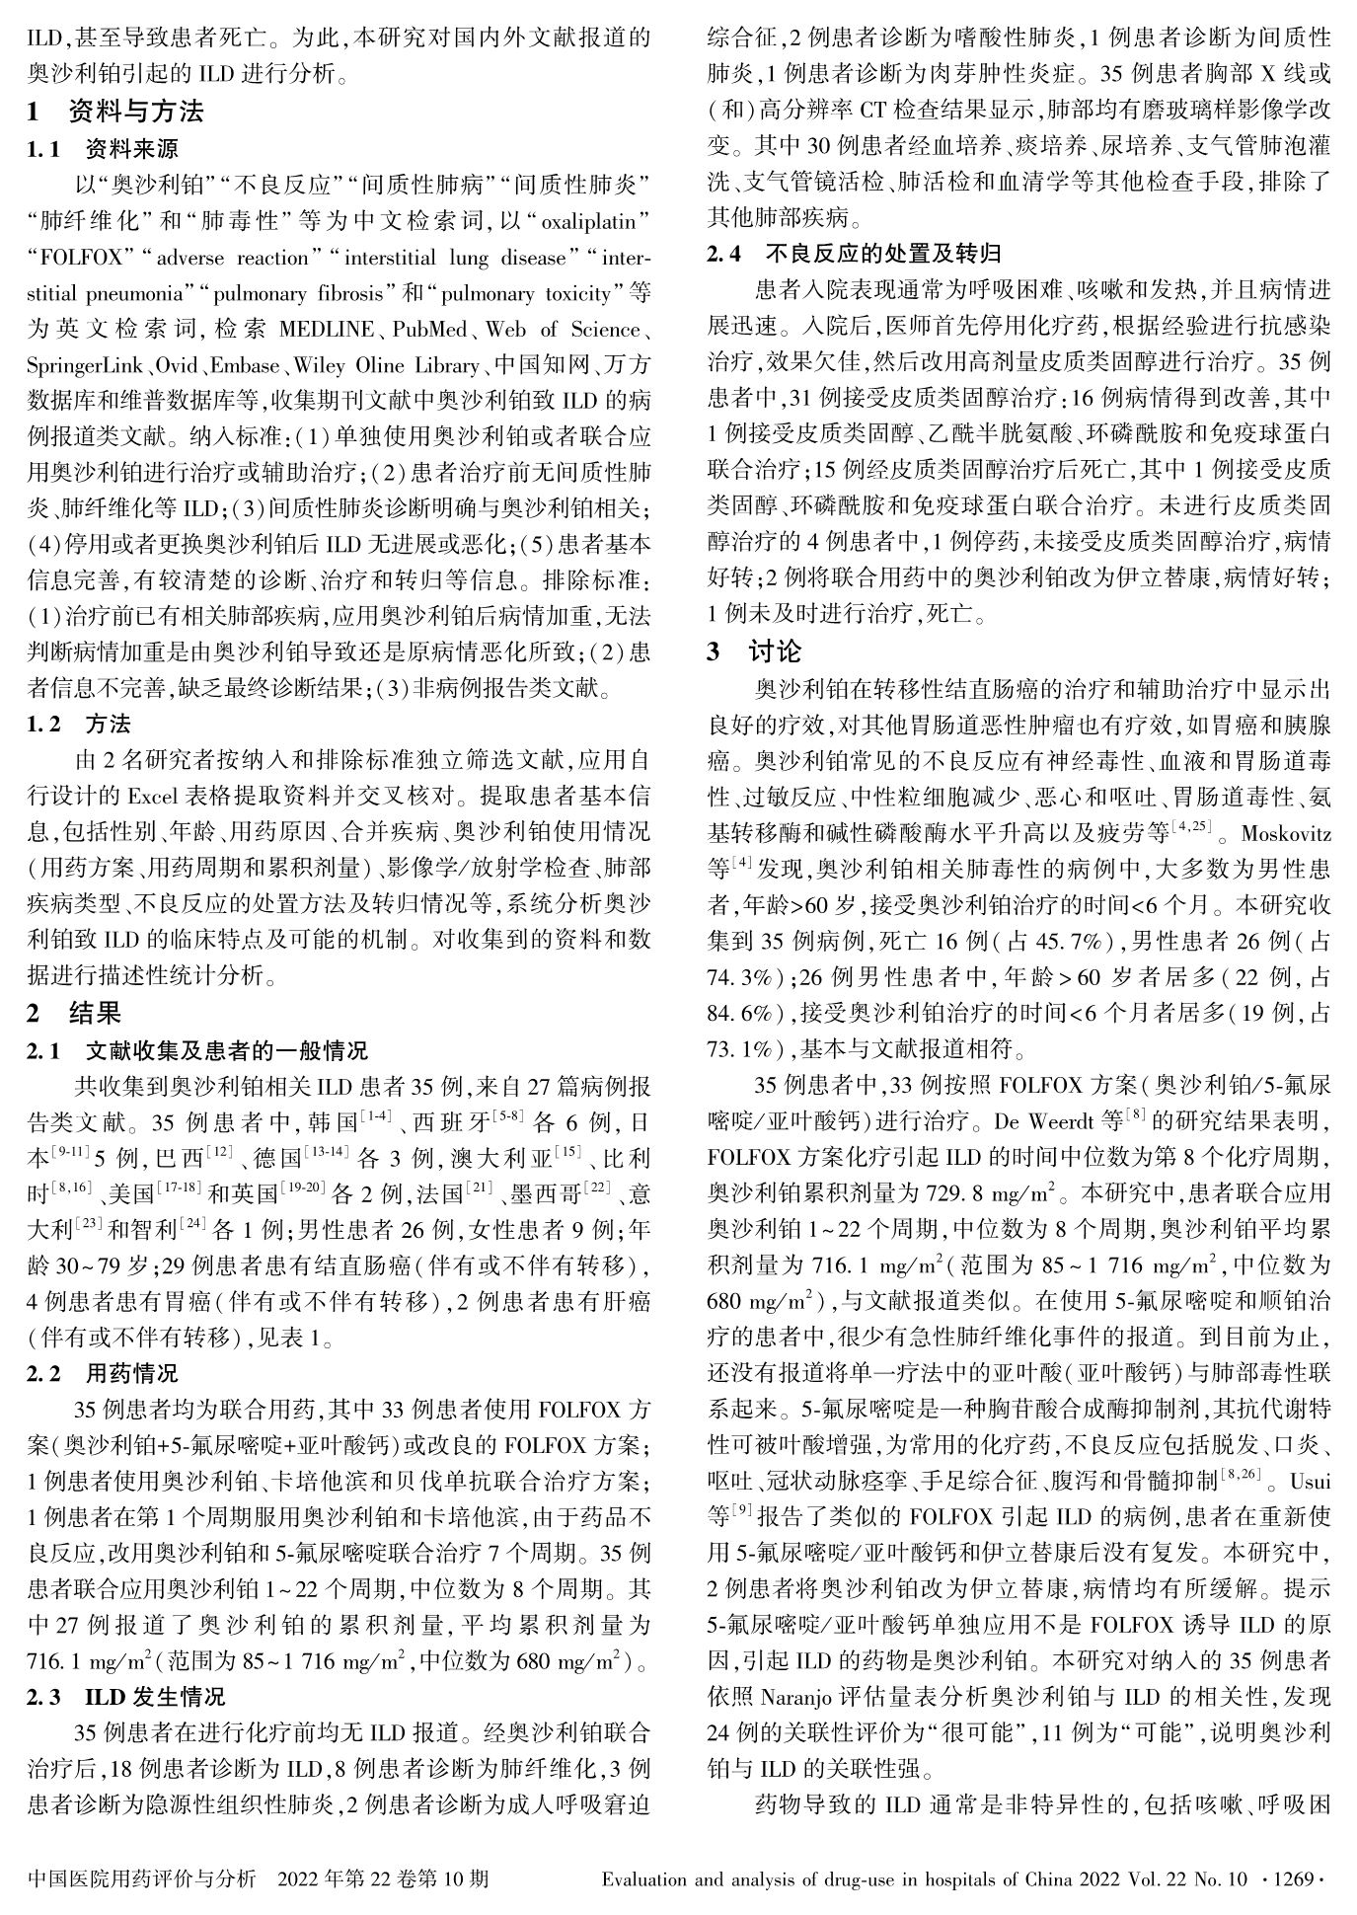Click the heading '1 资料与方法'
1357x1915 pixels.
pos(115,112)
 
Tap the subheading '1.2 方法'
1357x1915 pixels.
pos(79,725)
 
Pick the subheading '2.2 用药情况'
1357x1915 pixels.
pos(104,1373)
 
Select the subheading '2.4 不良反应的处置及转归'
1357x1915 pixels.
pos(855,254)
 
